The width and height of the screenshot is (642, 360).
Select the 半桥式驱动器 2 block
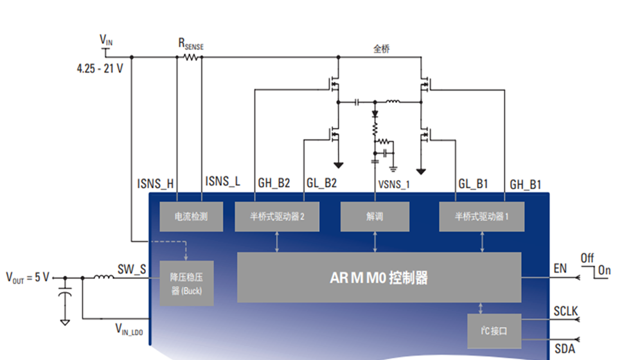pos(277,217)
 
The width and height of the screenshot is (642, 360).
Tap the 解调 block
pos(375,217)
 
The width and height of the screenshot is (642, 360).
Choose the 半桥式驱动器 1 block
pos(482,217)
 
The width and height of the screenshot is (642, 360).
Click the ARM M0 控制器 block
pos(379,278)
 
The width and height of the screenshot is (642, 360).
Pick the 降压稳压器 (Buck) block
pos(186,283)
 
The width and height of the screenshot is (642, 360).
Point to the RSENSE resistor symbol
pos(190,57)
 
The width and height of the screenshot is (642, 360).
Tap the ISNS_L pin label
pos(222,182)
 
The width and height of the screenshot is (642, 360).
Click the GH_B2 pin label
pos(274,183)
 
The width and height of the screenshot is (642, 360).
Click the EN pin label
pos(560,268)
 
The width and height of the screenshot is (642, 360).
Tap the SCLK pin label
pos(566,312)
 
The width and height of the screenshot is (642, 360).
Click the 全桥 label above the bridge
pos(381,49)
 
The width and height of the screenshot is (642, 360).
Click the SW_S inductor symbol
pos(105,278)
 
